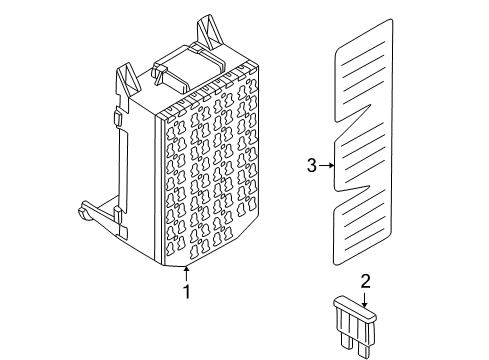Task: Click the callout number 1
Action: click(x=185, y=293)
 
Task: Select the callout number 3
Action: click(x=312, y=166)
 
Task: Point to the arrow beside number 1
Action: click(x=185, y=272)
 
